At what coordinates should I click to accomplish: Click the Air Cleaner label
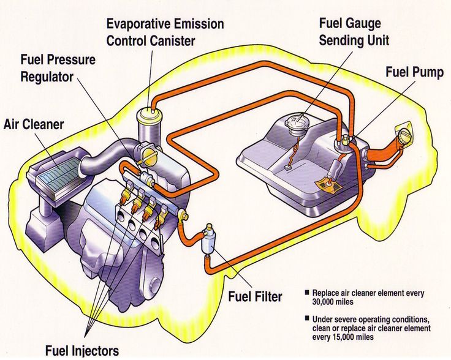34,124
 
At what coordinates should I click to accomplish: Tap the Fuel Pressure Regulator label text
58,69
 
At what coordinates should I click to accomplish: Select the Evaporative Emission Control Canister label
165,32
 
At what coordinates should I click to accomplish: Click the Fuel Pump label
414,72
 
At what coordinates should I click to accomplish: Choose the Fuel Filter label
255,297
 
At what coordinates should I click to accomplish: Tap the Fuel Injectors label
81,350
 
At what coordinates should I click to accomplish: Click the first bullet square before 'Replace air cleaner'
306,293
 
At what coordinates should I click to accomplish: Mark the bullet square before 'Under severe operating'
306,319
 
